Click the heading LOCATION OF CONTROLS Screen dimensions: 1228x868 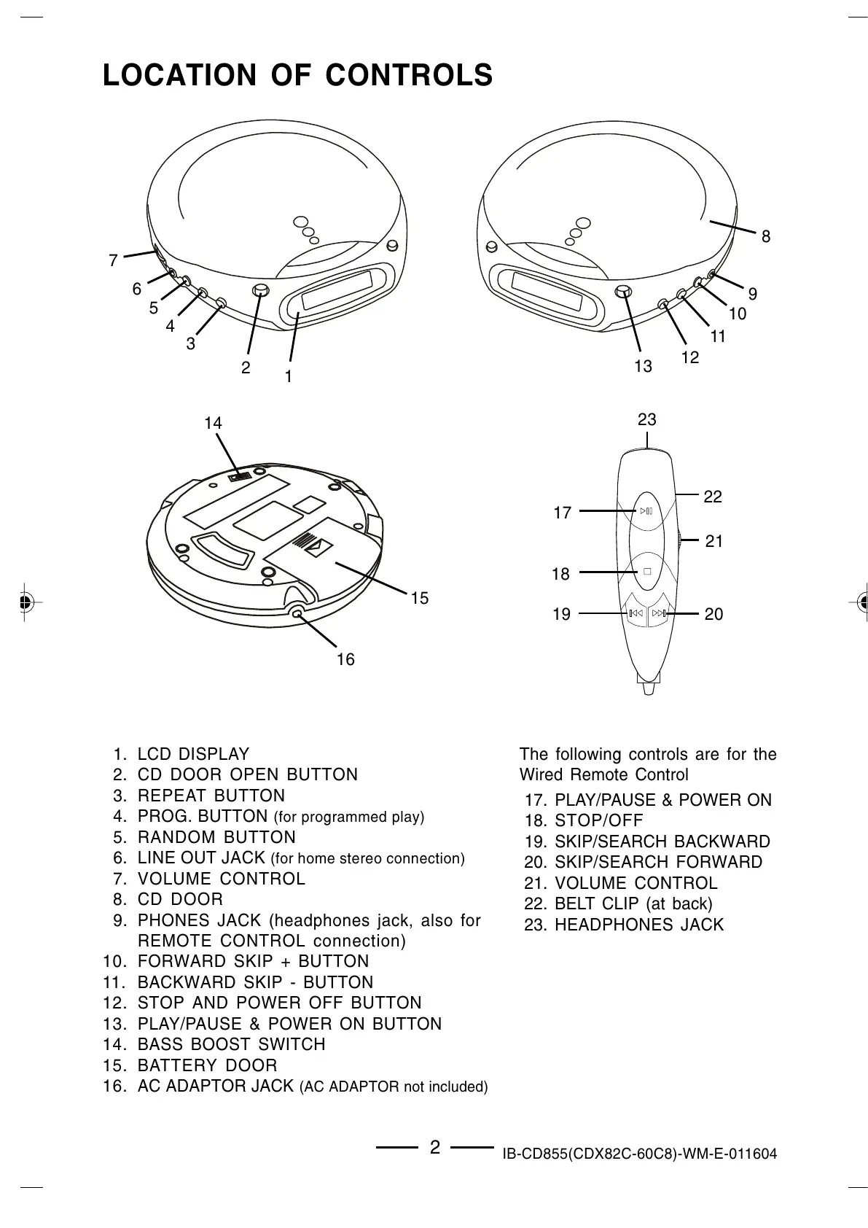297,75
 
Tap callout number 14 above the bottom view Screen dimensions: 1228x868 213,423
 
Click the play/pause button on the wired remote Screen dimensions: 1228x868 646,510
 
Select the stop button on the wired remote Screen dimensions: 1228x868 646,572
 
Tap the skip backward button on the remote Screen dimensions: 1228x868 636,613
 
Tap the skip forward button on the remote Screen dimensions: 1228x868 660,613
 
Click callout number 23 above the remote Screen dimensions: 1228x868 646,419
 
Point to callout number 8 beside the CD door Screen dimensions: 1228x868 765,236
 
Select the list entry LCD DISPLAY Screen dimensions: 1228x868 193,754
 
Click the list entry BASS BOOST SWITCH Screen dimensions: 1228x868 231,1044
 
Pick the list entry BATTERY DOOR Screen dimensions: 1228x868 207,1065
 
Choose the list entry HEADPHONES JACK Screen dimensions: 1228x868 638,925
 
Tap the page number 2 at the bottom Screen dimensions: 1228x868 435,1148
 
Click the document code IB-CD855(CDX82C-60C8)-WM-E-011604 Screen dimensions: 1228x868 639,1154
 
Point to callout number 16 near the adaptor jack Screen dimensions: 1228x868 345,659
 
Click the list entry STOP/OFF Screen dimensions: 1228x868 598,820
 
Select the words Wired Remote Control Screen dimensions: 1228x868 603,774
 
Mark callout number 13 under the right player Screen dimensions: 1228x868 643,366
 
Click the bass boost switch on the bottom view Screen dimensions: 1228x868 239,476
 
